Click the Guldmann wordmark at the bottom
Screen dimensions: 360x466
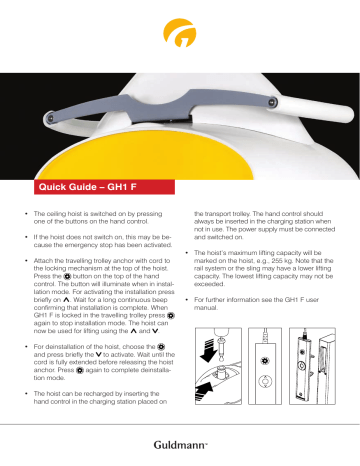[181, 444]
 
